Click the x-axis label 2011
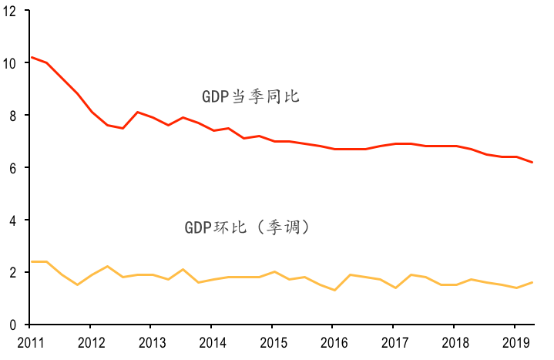click(29, 341)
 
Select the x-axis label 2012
click(90, 341)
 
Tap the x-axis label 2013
click(151, 341)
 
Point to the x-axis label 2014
click(212, 341)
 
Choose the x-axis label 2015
click(273, 341)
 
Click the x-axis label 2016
click(334, 341)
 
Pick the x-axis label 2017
click(395, 341)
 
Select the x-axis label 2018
click(455, 341)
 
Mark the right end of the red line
click(532, 163)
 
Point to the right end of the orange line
click(532, 283)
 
